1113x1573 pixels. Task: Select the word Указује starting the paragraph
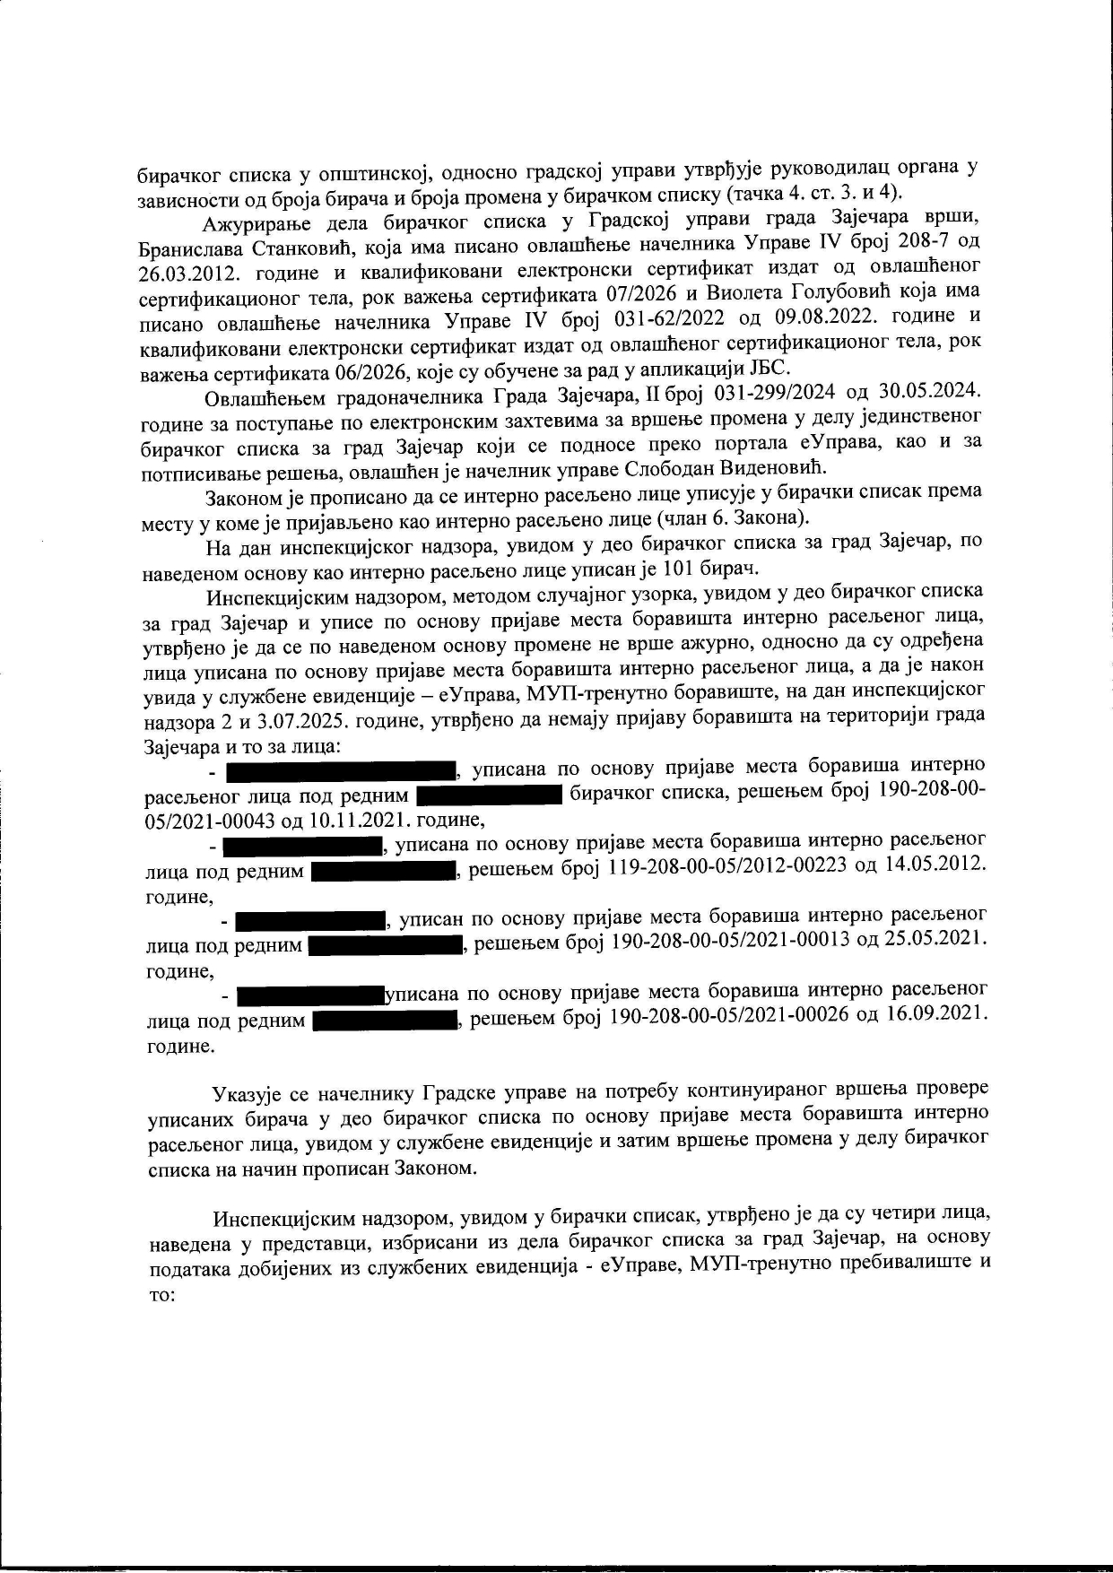pyautogui.click(x=245, y=1092)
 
